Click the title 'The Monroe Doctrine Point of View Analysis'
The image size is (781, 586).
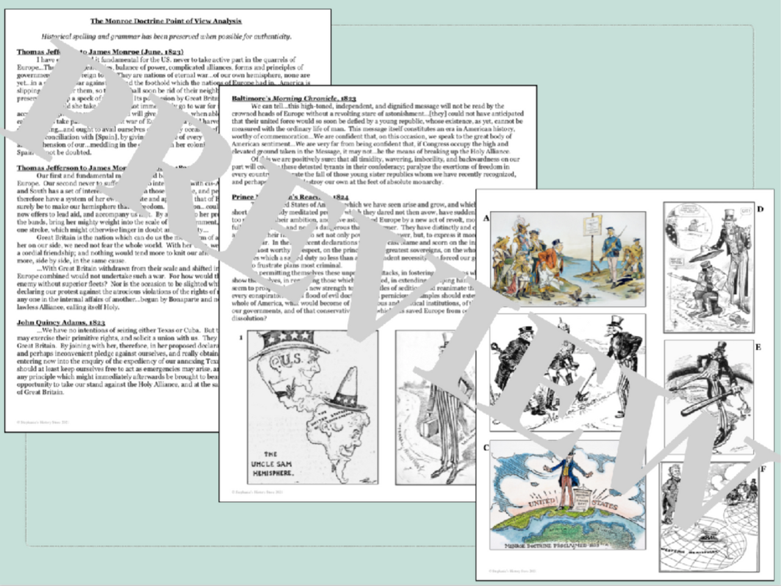[x=166, y=21]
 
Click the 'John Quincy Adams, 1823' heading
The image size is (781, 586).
[x=61, y=321]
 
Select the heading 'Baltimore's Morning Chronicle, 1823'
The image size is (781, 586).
[x=293, y=98]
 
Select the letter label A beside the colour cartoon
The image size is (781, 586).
[x=486, y=218]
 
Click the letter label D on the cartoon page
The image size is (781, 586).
[x=760, y=209]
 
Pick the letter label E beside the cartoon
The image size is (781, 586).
[x=758, y=347]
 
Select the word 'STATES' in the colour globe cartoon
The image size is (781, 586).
[x=603, y=506]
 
